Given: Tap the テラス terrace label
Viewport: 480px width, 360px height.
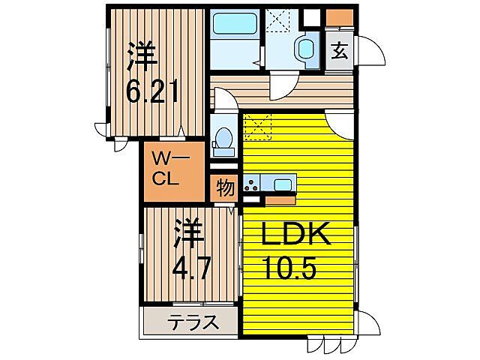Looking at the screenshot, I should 193,323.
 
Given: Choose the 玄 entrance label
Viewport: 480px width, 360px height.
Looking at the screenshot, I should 339,52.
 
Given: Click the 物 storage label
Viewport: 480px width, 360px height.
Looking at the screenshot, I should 224,187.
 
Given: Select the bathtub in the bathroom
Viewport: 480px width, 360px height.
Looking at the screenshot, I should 232,24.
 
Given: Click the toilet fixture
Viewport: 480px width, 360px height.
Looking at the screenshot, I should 223,139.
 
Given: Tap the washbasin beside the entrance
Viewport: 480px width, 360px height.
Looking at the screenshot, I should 306,49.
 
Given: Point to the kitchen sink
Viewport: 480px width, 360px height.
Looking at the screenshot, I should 283,184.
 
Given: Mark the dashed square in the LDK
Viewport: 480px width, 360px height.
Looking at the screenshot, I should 258,127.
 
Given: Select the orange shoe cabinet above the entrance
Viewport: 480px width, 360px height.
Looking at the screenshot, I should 339,17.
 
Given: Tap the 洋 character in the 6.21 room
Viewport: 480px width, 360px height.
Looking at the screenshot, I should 142,55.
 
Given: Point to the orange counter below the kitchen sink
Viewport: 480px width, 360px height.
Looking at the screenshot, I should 279,200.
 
